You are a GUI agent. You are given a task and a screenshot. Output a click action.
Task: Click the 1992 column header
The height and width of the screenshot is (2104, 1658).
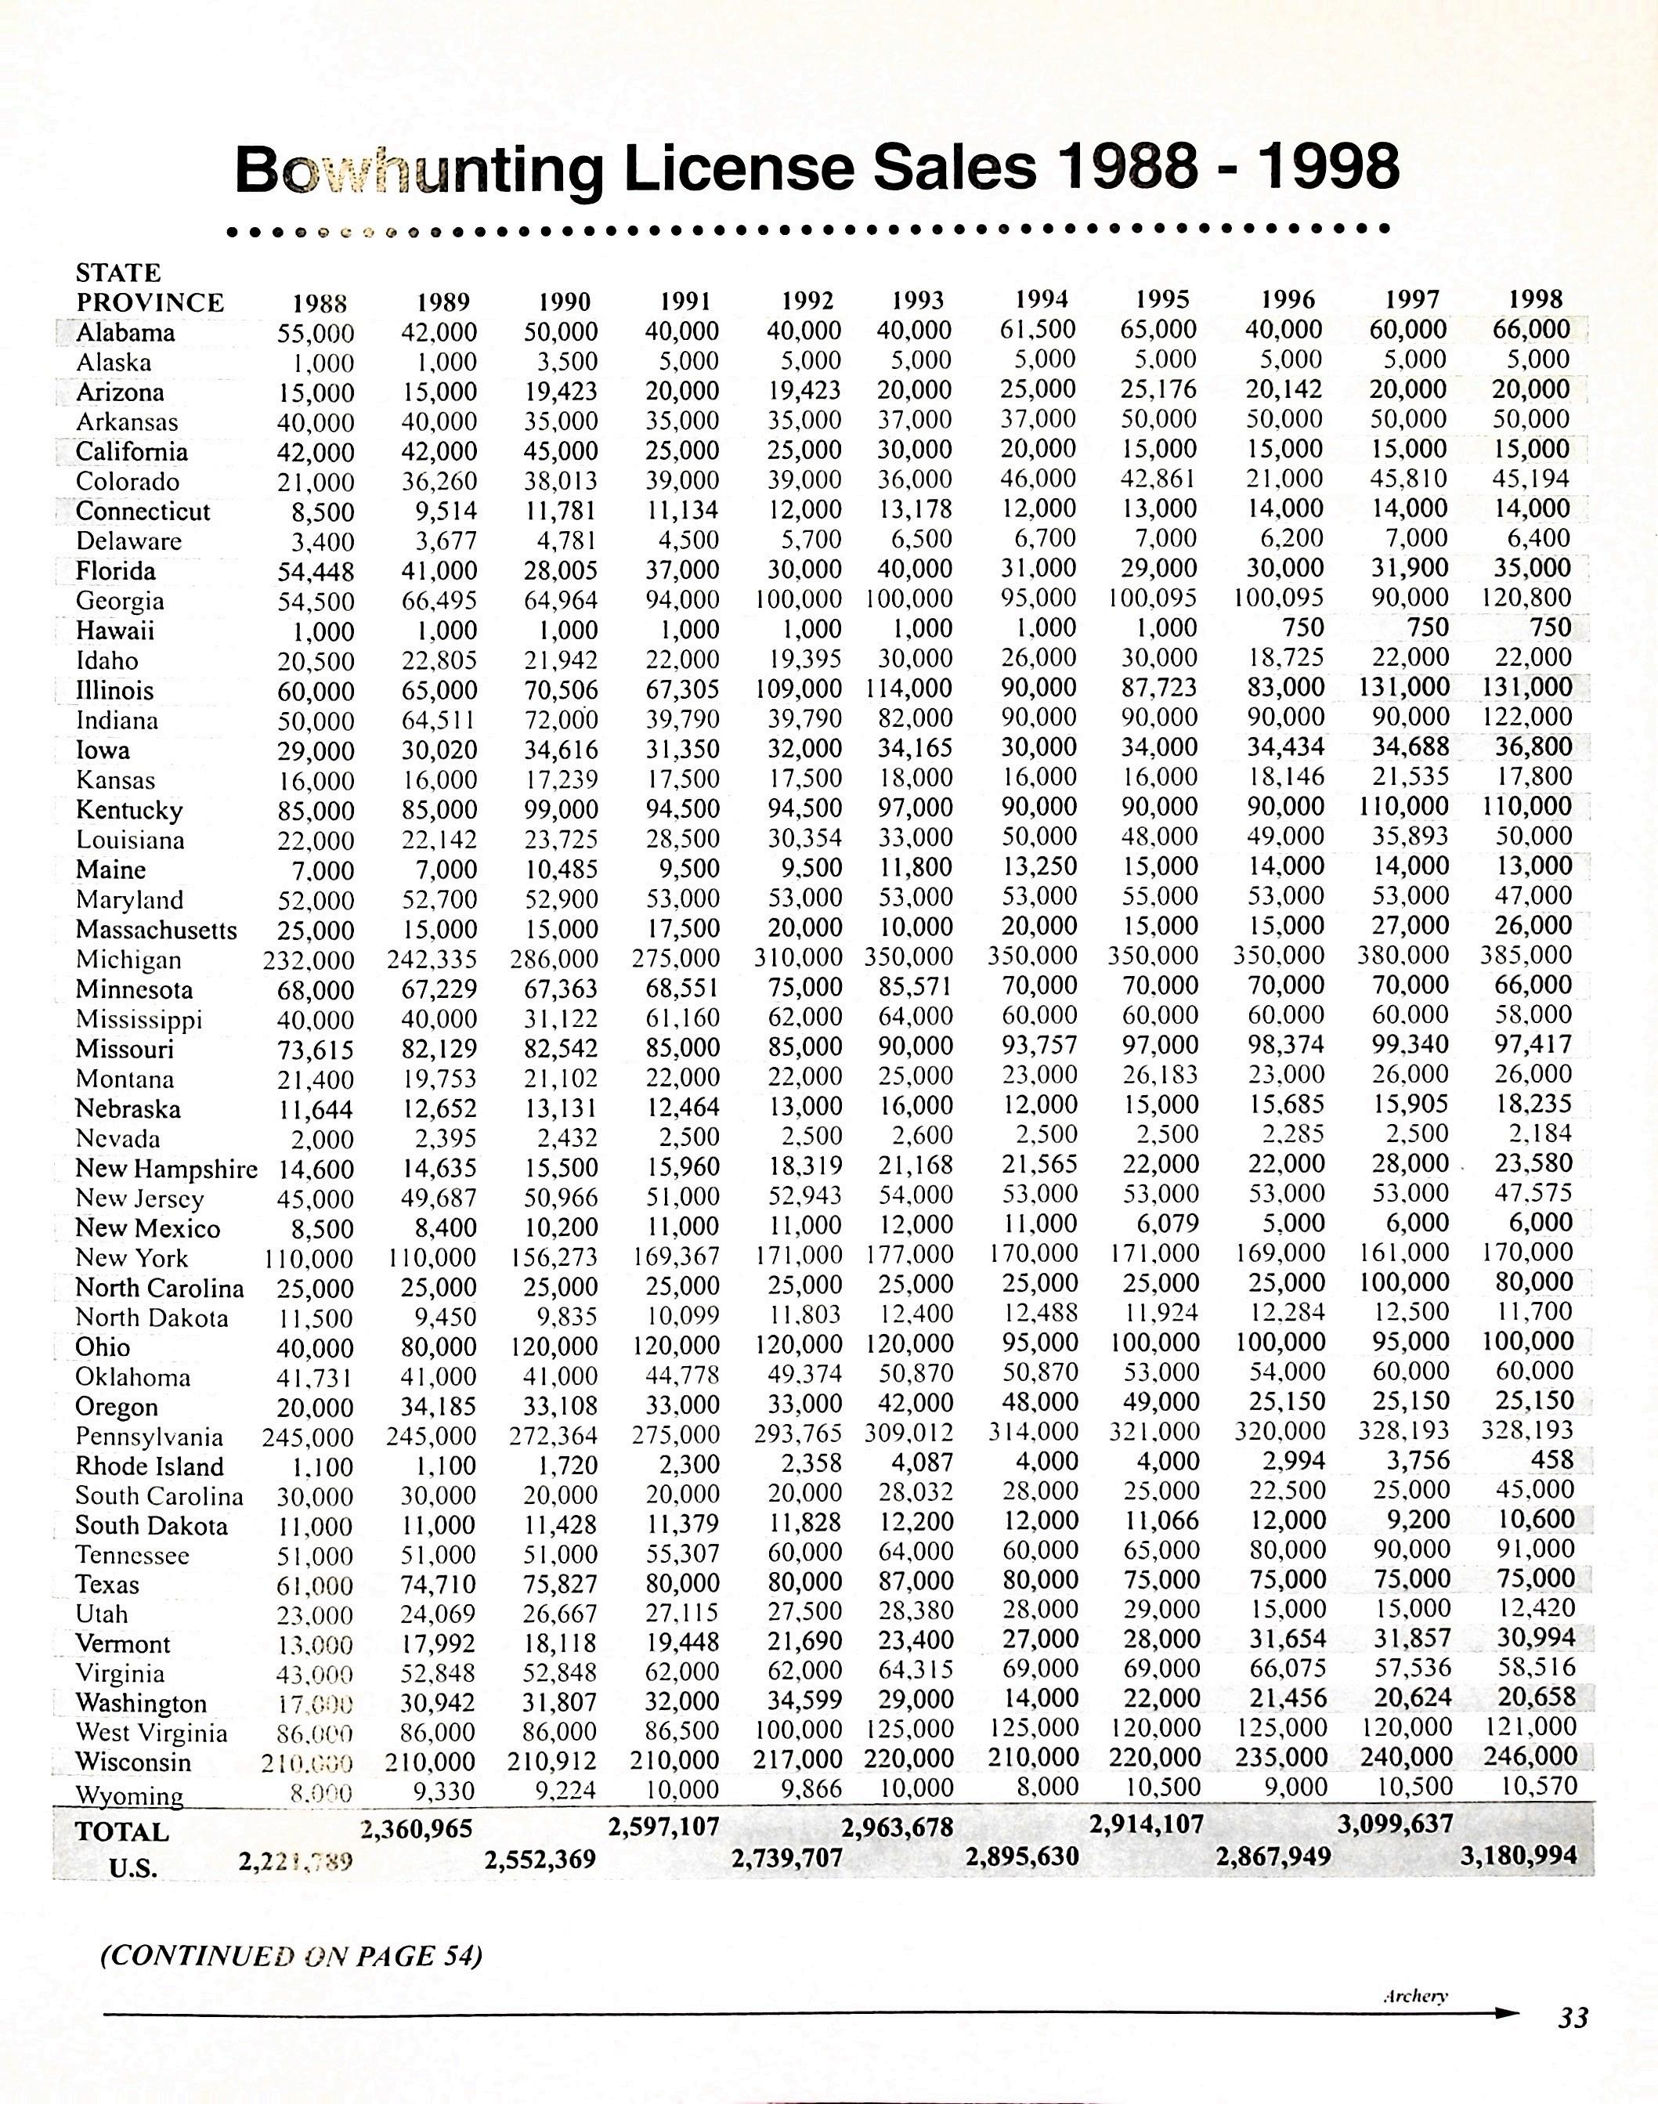(x=807, y=301)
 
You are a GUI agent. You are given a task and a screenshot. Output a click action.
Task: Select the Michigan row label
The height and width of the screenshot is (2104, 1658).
(x=128, y=960)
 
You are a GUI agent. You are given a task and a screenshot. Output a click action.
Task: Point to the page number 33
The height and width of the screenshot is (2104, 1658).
(x=1573, y=2018)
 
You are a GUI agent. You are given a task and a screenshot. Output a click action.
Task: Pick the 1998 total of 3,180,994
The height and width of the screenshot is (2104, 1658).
(x=1519, y=1856)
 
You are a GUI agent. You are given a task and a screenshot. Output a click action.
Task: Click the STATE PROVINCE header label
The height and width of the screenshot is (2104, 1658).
(x=149, y=287)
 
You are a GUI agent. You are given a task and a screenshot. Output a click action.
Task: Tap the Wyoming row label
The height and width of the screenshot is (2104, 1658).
(x=129, y=1795)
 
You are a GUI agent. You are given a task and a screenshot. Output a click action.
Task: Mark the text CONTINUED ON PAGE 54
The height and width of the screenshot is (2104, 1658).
(x=291, y=1954)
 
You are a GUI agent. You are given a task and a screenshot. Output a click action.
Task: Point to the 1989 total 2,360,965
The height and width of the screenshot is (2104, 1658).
(x=417, y=1829)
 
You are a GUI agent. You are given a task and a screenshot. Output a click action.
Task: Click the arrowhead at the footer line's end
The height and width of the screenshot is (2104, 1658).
(x=1508, y=2014)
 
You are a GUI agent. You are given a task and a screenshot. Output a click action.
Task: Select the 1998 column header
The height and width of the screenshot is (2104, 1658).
(x=1537, y=299)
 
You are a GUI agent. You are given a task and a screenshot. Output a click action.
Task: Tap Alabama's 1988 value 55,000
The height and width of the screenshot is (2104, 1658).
(x=316, y=333)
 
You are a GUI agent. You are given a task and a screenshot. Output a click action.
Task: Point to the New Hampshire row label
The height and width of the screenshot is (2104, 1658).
(x=166, y=1168)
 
